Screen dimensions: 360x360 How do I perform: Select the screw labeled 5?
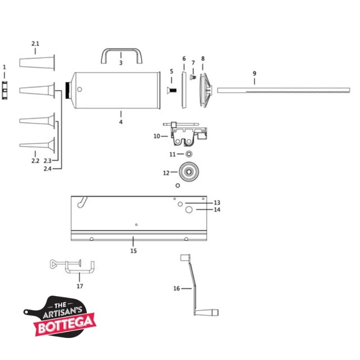[172, 90]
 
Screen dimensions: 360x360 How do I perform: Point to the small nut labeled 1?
[5, 90]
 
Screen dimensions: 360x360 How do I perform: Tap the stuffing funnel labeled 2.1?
[37, 63]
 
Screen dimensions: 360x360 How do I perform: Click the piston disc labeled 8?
[205, 90]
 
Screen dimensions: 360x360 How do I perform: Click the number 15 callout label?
[133, 251]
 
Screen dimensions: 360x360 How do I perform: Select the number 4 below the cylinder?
[121, 122]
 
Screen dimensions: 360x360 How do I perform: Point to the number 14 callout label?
[217, 210]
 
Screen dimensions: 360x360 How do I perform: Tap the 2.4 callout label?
[48, 168]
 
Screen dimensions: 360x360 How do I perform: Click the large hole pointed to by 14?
[189, 210]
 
